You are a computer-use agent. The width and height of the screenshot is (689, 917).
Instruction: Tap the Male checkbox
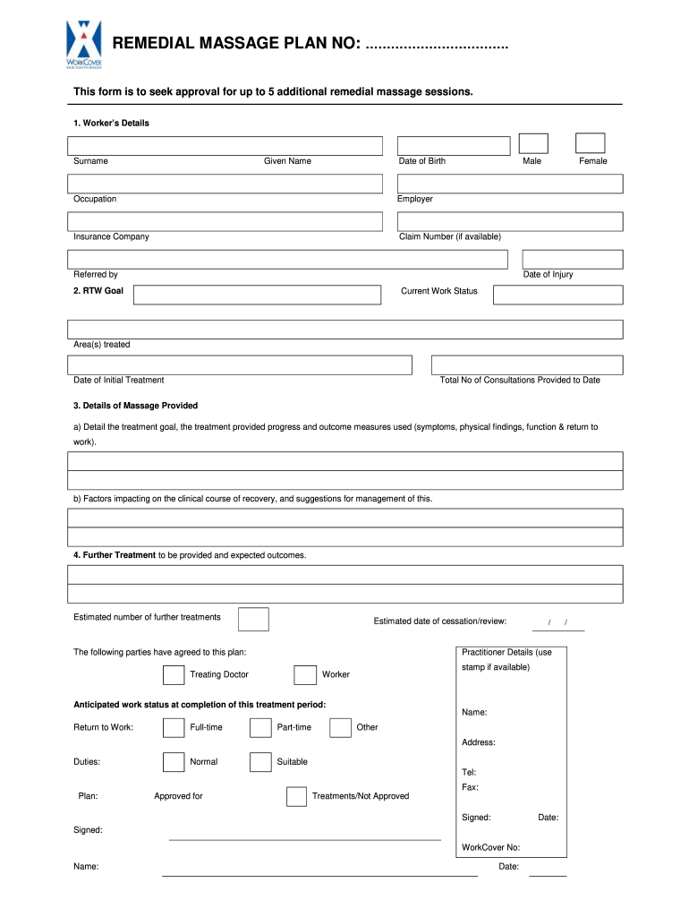coord(533,143)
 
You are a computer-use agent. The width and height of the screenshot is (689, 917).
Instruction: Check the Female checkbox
coord(590,143)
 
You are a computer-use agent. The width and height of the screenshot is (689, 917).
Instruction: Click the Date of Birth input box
coord(454,146)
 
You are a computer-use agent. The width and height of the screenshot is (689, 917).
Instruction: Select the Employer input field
coord(510,184)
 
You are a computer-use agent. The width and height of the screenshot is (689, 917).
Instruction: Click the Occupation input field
coord(225,184)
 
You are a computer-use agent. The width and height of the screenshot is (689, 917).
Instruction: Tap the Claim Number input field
coord(510,221)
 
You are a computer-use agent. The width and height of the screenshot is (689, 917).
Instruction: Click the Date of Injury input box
coord(572,259)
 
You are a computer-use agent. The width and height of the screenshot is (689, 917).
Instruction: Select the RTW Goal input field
coord(258,296)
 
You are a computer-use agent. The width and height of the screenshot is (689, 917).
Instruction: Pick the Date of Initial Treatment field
coord(240,364)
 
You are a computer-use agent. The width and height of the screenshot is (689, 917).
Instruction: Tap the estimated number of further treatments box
coord(254,619)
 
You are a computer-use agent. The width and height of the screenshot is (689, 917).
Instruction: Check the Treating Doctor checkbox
coord(174,674)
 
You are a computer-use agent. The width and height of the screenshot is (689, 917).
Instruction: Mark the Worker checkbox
coord(305,674)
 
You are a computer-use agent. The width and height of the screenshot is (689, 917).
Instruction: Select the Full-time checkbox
coord(174,727)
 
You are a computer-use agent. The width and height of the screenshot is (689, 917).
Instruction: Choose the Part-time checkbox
coord(260,727)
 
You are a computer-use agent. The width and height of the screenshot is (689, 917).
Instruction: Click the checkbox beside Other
coord(340,727)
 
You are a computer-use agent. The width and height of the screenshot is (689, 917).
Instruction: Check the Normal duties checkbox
coord(174,762)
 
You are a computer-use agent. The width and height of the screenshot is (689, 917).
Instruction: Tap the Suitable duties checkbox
coord(260,762)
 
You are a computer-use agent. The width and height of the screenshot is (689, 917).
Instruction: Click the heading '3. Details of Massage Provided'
coord(136,406)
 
